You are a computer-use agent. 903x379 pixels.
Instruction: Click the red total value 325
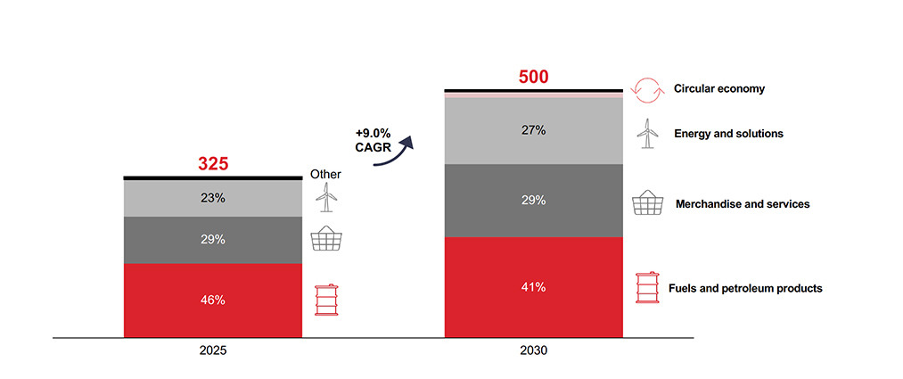pyautogui.click(x=213, y=164)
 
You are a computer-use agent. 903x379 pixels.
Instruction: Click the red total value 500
pyautogui.click(x=533, y=77)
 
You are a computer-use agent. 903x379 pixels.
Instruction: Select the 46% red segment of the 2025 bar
pyautogui.click(x=213, y=301)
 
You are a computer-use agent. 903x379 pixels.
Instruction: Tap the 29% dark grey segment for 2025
pyautogui.click(x=213, y=240)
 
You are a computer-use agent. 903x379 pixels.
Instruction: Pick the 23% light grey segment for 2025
pyautogui.click(x=213, y=199)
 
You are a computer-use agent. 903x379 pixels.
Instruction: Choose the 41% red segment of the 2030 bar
pyautogui.click(x=533, y=287)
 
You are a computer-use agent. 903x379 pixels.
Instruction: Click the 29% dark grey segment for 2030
pyautogui.click(x=533, y=201)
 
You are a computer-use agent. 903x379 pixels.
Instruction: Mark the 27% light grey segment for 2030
pyautogui.click(x=533, y=130)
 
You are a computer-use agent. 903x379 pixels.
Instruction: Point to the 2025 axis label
pyautogui.click(x=213, y=351)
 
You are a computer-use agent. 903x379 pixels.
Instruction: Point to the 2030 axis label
pyautogui.click(x=533, y=351)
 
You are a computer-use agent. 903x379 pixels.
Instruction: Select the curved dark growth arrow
pyautogui.click(x=397, y=152)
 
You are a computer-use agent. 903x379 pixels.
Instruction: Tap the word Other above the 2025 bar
pyautogui.click(x=324, y=174)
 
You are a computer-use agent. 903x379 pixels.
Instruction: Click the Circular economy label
pyautogui.click(x=719, y=88)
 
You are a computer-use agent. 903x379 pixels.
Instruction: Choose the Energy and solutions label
pyautogui.click(x=728, y=134)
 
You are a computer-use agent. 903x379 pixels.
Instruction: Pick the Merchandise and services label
pyautogui.click(x=742, y=204)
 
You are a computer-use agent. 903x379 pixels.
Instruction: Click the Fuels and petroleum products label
pyautogui.click(x=745, y=288)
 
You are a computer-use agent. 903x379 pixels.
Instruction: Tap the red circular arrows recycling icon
pyautogui.click(x=646, y=88)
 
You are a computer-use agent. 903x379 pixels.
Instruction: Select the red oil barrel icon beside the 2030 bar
pyautogui.click(x=646, y=287)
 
